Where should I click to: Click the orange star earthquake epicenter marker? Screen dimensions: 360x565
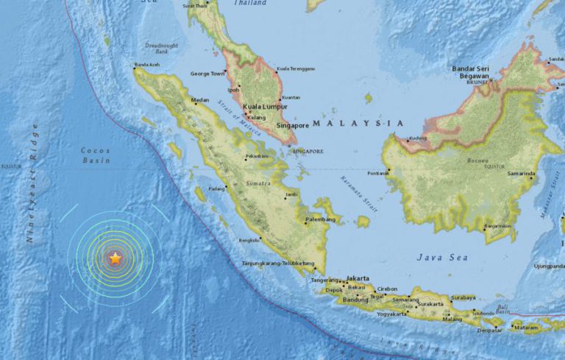(x=115, y=258)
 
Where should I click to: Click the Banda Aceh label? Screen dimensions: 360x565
(x=146, y=65)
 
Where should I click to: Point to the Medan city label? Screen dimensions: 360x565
(x=200, y=100)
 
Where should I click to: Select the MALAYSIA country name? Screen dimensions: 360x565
(x=358, y=123)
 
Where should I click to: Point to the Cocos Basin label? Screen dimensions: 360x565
(x=96, y=155)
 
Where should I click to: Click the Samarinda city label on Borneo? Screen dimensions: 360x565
(x=520, y=174)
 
